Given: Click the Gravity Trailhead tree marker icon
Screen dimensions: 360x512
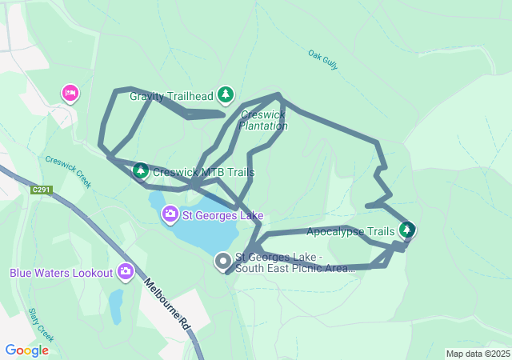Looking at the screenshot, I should (226, 96).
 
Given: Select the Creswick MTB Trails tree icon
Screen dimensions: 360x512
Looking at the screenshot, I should (141, 170).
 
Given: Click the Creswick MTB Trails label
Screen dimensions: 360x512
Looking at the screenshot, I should (203, 172).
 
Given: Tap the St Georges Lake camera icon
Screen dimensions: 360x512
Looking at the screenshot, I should (170, 214).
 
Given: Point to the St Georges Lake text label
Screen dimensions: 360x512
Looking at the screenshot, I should (222, 215).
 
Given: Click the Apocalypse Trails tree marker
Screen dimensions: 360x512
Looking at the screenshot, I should (407, 231).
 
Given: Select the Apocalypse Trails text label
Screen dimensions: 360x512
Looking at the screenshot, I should (350, 232).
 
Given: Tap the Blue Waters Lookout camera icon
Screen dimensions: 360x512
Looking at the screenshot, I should (126, 273).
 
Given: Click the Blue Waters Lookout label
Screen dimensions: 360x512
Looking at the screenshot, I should (62, 273).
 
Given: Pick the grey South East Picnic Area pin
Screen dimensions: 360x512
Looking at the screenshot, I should (223, 262).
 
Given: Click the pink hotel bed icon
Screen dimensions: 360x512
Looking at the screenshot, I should (70, 94).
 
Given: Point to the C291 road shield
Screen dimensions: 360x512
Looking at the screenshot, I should (42, 190).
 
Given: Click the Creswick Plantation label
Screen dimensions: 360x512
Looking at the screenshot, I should (262, 120).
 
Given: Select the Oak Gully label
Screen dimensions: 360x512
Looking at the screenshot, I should (323, 61).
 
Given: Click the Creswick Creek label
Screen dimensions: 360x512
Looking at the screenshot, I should (69, 171).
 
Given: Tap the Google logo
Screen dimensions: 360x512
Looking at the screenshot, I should (26, 350).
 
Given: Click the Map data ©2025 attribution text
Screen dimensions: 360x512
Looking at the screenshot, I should (478, 354).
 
